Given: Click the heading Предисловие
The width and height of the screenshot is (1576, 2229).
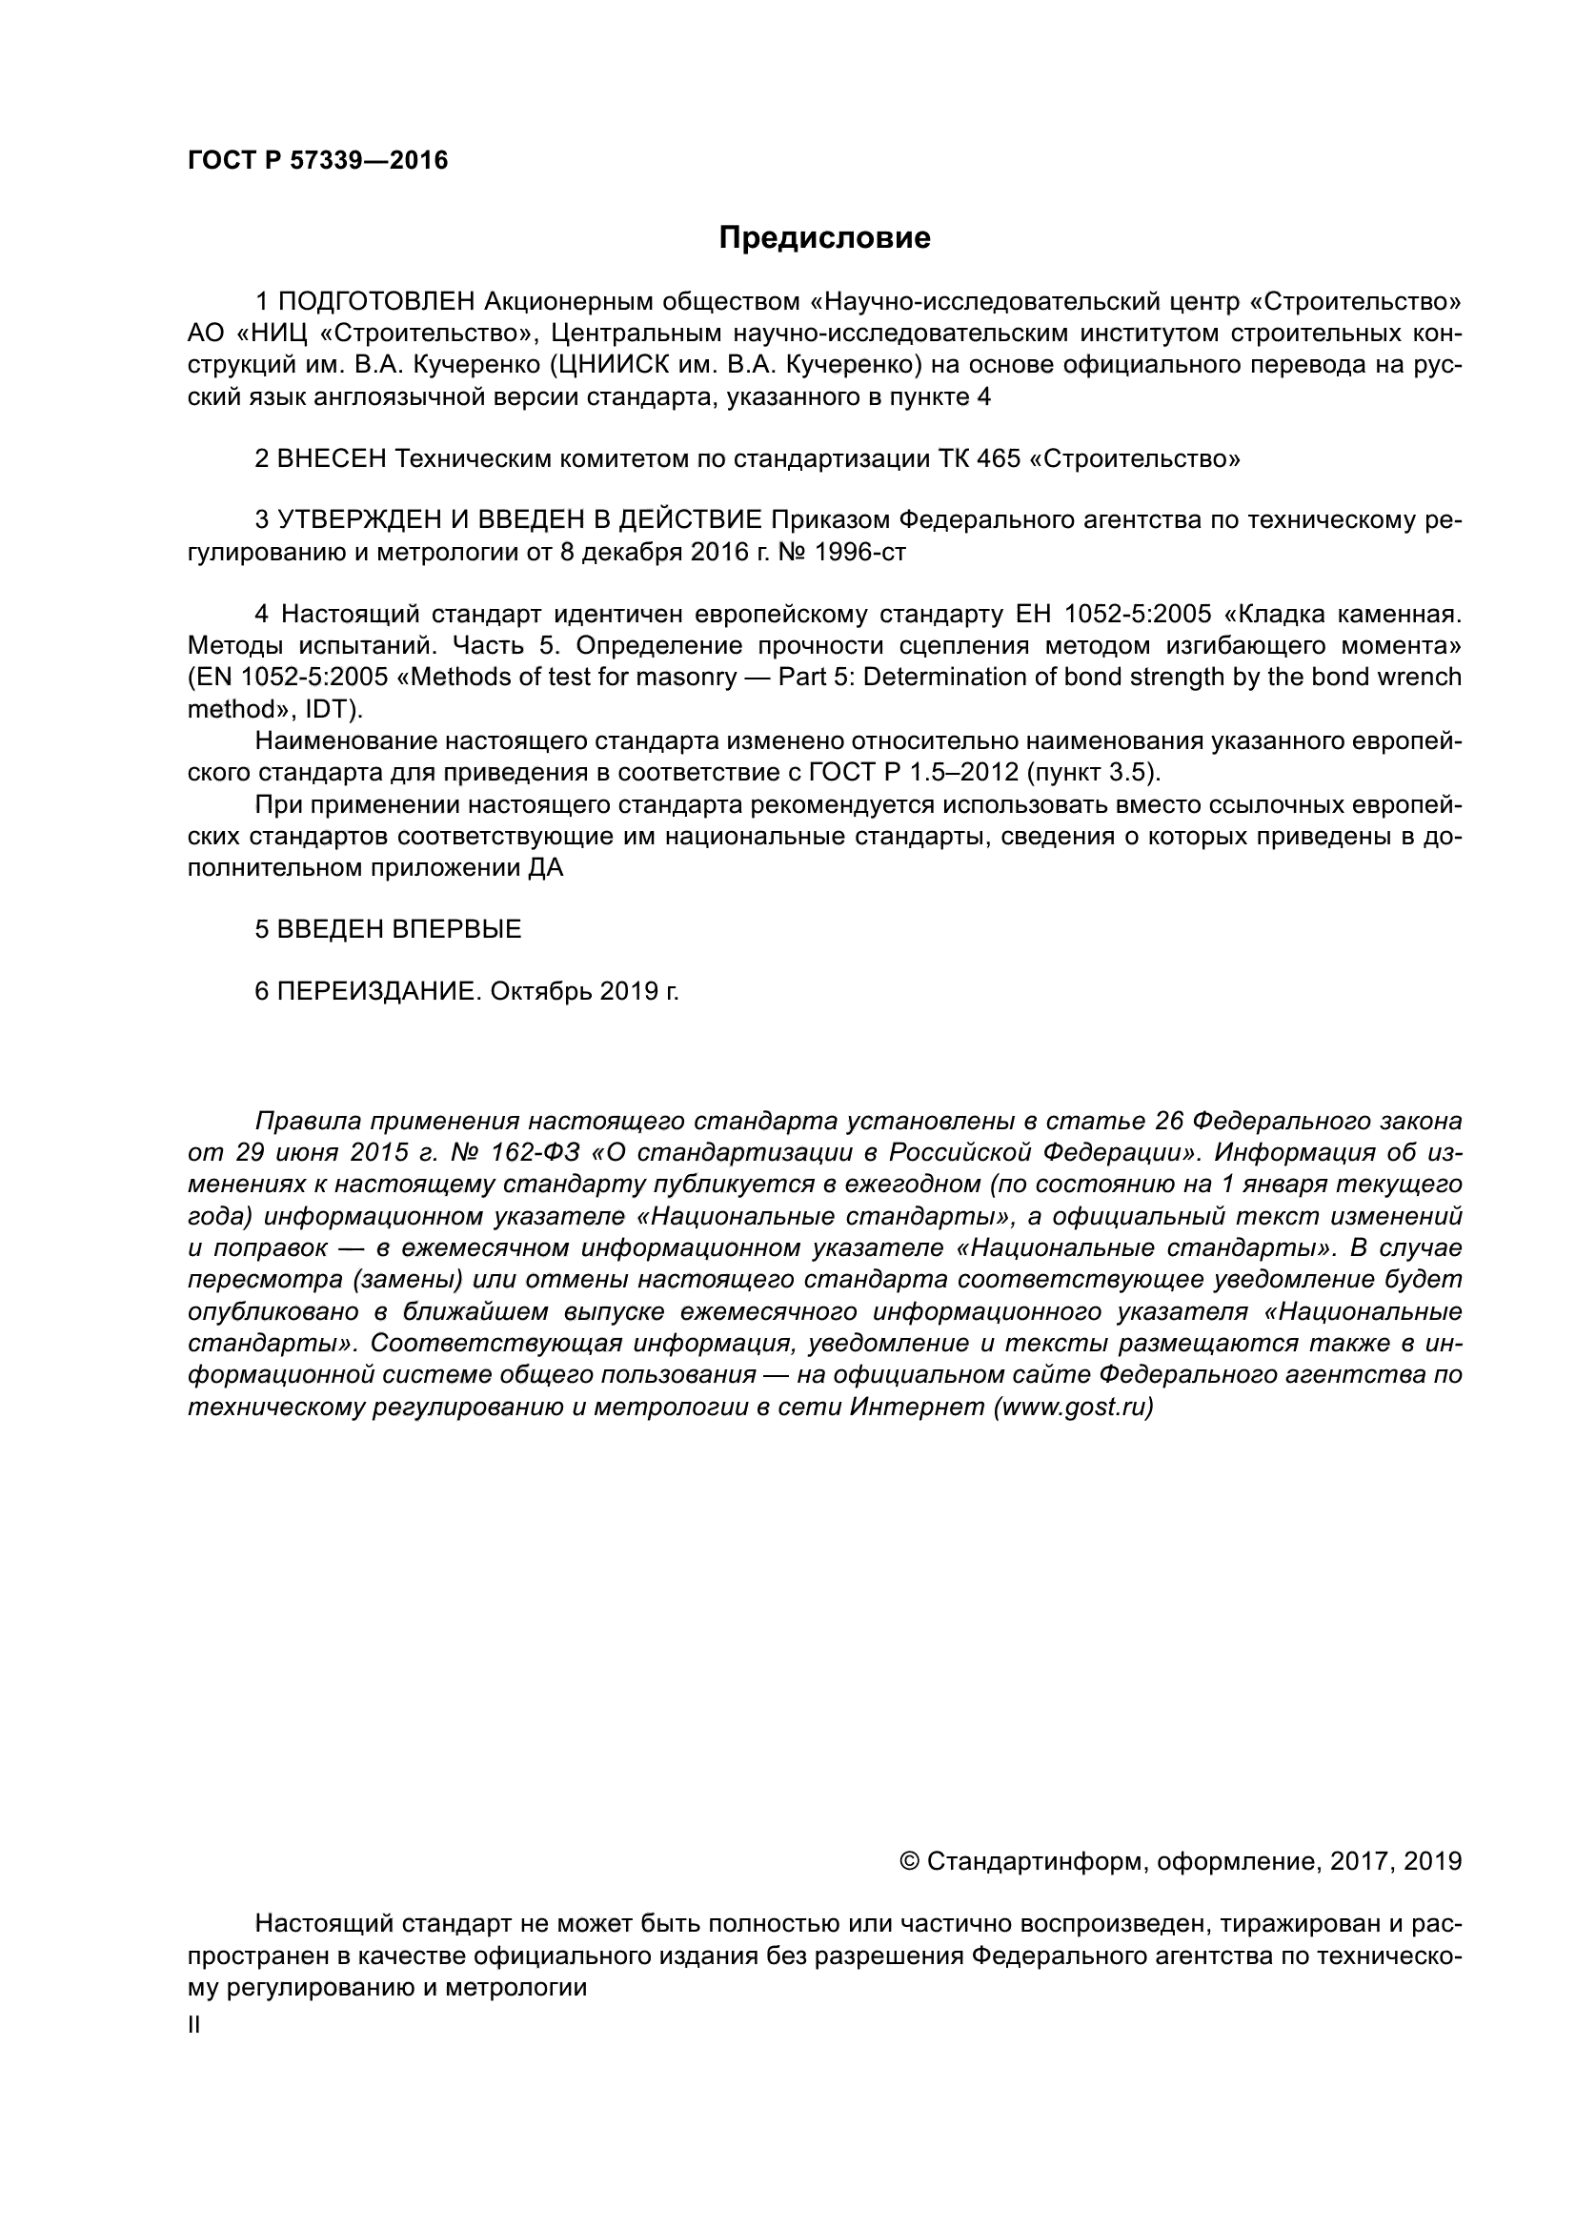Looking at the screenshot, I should pyautogui.click(x=824, y=238).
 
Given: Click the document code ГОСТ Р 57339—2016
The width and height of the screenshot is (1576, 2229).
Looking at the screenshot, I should pyautogui.click(x=317, y=161).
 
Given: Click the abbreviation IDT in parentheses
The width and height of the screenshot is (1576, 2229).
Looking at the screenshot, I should pyautogui.click(x=325, y=710).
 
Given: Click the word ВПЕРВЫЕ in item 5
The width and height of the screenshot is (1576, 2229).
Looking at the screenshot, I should pyautogui.click(x=456, y=930).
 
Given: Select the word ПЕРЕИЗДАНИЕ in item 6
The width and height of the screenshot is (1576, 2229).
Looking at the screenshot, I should pyautogui.click(x=379, y=992).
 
